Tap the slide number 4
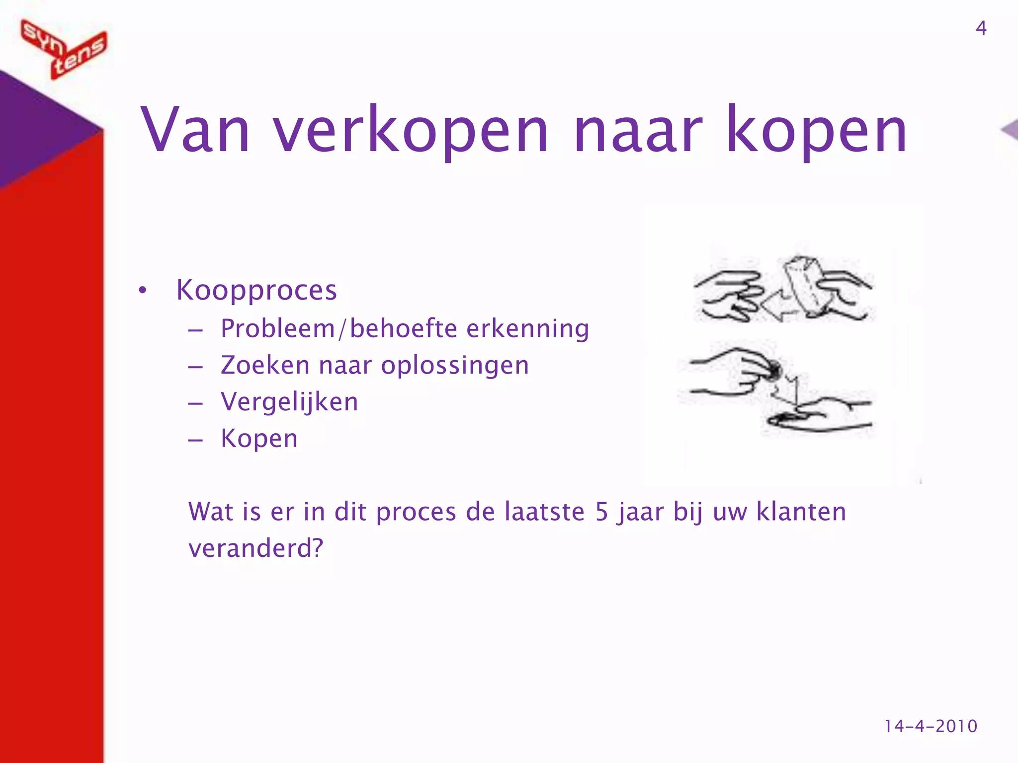pos(981,28)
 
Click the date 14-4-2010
pos(931,726)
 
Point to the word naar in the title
pos(638,130)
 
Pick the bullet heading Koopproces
pos(256,290)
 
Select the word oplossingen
pos(455,366)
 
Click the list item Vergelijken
pos(289,402)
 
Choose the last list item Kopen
pos(259,439)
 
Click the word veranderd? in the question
pos(256,548)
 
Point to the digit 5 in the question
pos(602,512)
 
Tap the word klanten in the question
pos(801,512)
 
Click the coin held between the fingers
pos(774,370)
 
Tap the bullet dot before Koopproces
pos(143,291)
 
